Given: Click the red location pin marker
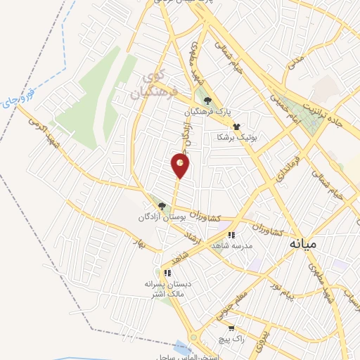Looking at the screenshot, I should [x=181, y=165].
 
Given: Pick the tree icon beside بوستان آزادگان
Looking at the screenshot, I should [x=162, y=207].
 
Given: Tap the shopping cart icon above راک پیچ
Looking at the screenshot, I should [x=231, y=328].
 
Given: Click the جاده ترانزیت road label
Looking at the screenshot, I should [x=325, y=112].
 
